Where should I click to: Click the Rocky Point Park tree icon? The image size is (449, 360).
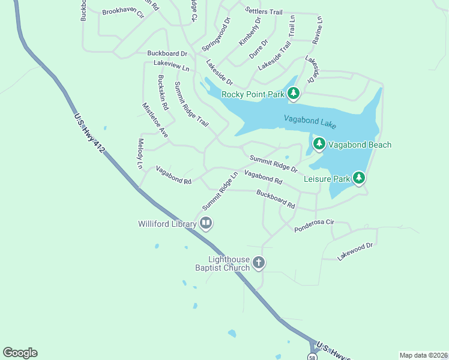click(293, 93)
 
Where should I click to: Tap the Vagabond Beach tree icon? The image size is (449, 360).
click(319, 144)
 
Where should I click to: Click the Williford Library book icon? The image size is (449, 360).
click(206, 224)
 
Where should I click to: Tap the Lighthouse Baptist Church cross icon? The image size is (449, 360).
click(259, 262)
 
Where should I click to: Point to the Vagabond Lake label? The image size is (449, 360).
click(310, 122)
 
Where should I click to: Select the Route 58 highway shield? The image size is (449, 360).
click(312, 357)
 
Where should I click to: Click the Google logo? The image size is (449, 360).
click(20, 353)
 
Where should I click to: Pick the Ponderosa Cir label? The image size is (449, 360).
click(313, 226)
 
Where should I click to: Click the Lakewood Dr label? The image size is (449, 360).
click(355, 251)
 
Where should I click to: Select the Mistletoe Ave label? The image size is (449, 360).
click(155, 124)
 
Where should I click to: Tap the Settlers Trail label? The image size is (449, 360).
click(264, 11)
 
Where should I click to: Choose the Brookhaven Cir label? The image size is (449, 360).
click(123, 12)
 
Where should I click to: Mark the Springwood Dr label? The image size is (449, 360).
click(216, 34)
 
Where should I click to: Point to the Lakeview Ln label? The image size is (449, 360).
click(171, 62)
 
